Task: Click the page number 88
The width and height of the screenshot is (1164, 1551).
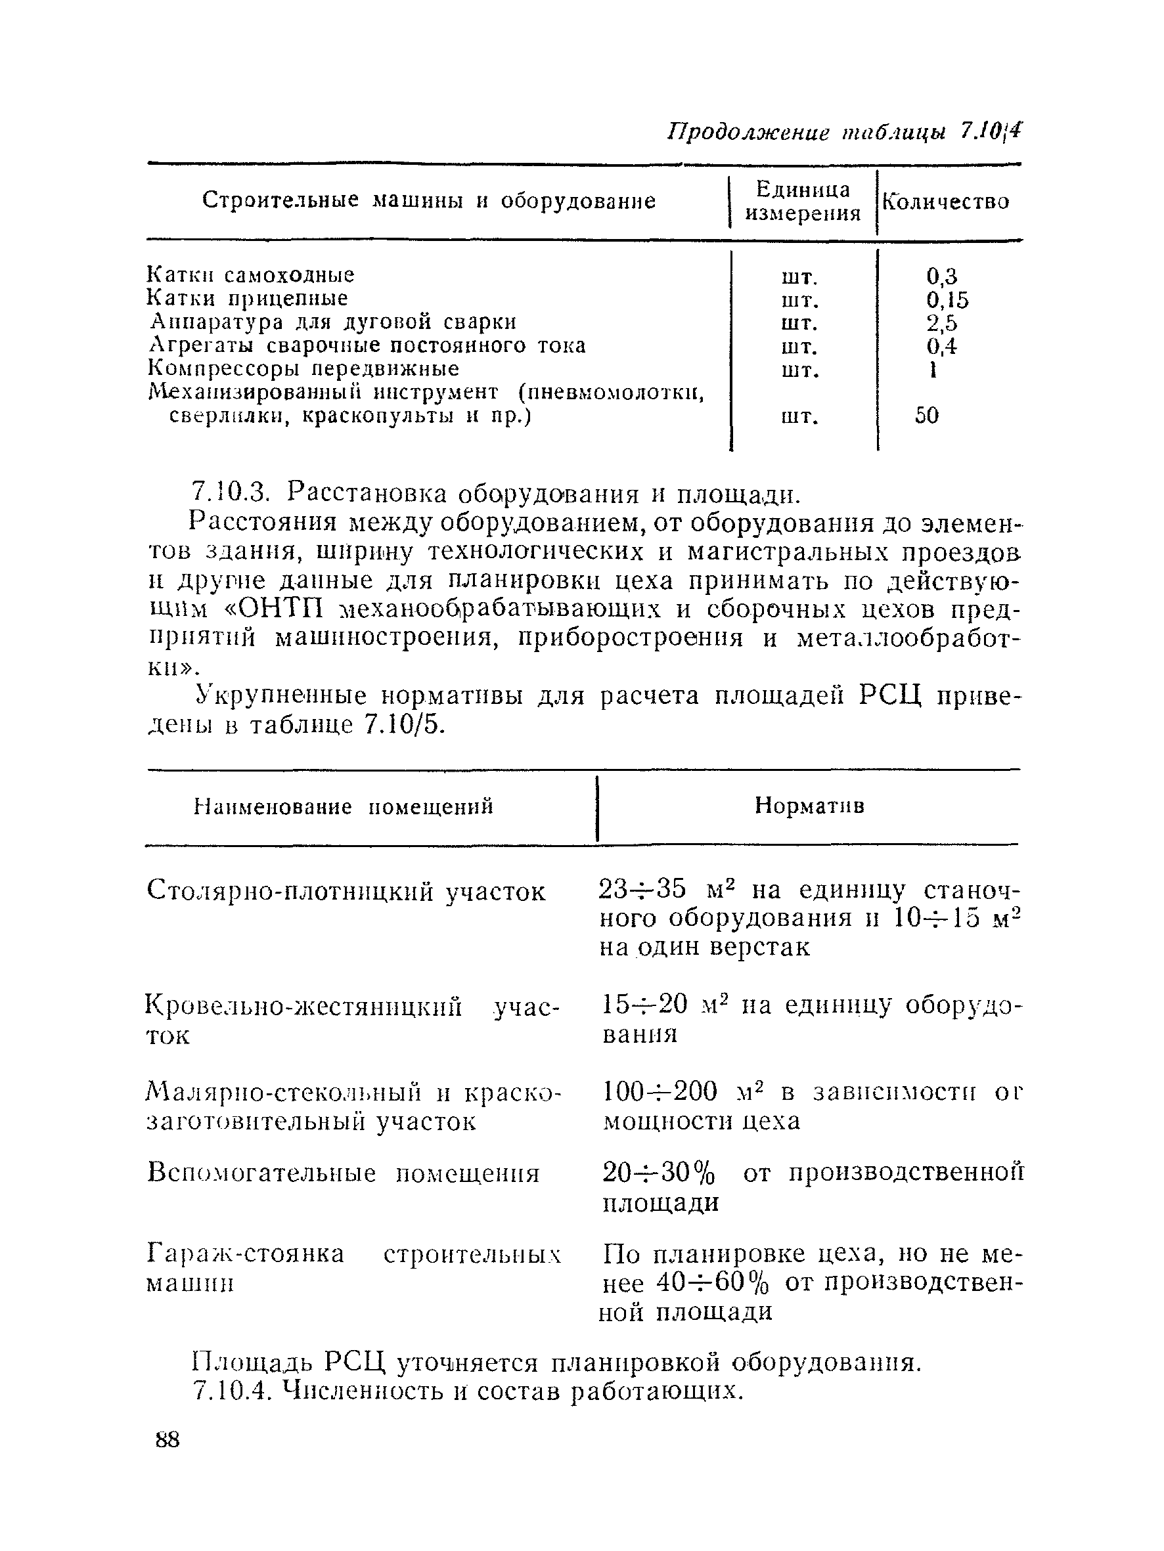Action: pos(167,1440)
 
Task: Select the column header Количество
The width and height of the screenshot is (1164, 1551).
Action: pos(945,202)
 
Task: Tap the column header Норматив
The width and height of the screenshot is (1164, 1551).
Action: pos(809,806)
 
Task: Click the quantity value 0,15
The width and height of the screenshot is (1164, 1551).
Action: pos(947,300)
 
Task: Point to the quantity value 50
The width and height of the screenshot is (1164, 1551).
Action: pos(926,416)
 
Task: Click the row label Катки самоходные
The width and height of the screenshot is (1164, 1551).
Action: pos(250,274)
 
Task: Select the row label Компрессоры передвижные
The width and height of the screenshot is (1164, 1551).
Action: pos(303,369)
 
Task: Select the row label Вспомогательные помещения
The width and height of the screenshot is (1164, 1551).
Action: pos(343,1172)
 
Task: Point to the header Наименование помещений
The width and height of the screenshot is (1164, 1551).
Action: pos(343,807)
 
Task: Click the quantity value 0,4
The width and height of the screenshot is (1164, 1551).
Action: pos(941,346)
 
